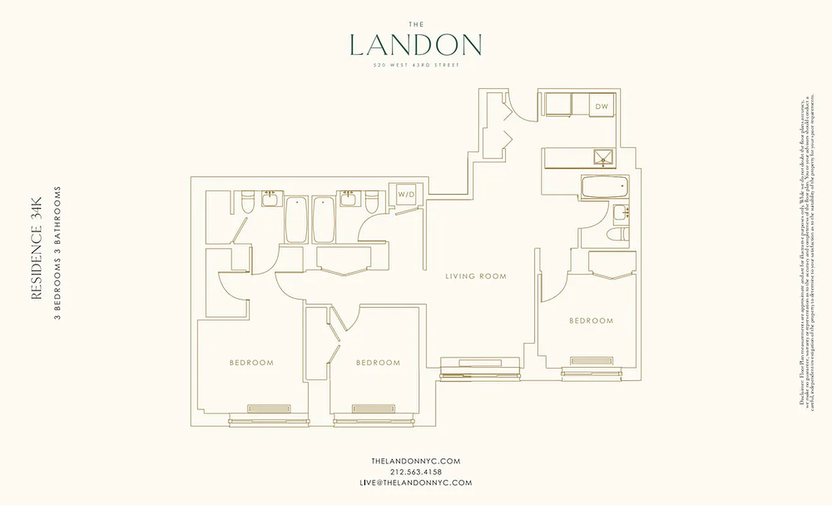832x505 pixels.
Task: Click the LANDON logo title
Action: (415, 45)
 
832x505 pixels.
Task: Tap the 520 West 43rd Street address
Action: (415, 66)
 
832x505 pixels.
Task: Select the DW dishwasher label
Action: (602, 107)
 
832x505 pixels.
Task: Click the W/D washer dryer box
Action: (406, 194)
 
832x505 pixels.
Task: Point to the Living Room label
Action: (475, 276)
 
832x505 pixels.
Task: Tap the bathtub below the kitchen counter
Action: (604, 187)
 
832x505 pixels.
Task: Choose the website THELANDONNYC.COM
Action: (415, 461)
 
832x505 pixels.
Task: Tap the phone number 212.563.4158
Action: (415, 472)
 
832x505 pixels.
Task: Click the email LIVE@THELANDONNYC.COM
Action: (415, 483)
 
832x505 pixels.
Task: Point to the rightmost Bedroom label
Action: (591, 321)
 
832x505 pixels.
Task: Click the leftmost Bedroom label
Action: (251, 363)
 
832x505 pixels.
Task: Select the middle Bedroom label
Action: (377, 363)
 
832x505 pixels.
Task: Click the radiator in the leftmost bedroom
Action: (269, 409)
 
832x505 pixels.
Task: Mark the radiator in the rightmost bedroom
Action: (591, 361)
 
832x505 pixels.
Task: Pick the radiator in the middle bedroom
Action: (373, 409)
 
